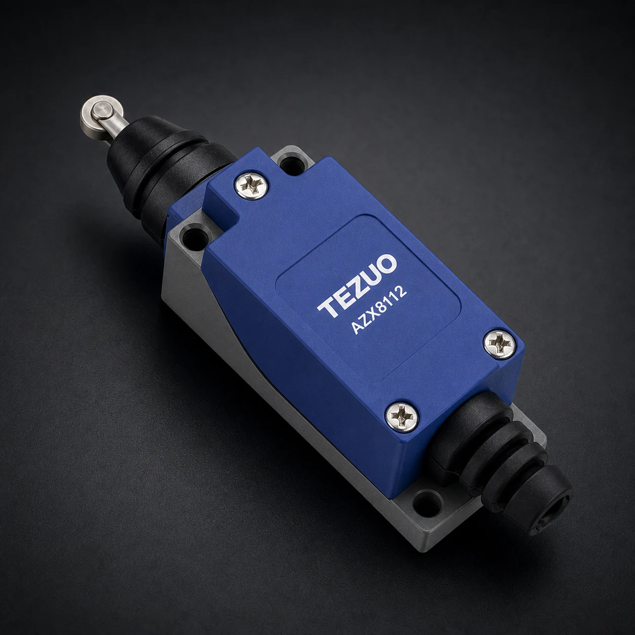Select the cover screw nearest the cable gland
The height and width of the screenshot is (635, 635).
(x=402, y=418)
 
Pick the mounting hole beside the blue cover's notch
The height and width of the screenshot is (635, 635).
(x=194, y=235)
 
